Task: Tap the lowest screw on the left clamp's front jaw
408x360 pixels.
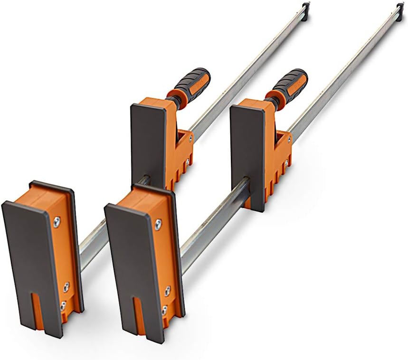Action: coord(62,306)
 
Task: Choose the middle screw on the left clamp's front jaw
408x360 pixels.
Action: coord(66,286)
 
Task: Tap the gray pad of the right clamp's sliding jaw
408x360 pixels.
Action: coord(247,152)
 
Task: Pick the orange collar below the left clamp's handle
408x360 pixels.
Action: coord(172,97)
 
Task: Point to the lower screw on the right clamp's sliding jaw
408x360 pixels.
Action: coord(286,162)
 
